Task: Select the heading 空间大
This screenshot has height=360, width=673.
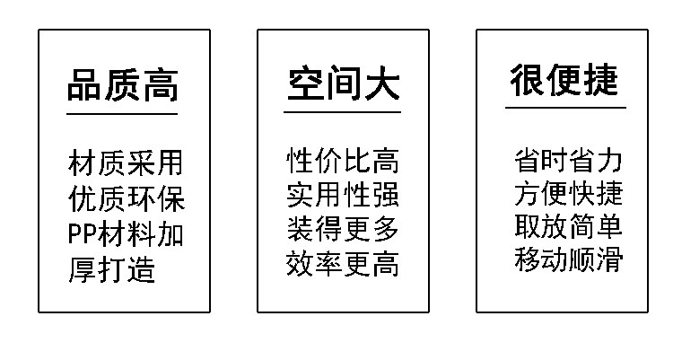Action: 343,86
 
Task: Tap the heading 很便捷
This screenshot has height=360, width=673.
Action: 564,81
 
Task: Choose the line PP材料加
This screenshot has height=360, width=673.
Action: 126,234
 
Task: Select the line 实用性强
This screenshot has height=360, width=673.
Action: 343,196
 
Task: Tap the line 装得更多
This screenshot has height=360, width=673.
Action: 343,230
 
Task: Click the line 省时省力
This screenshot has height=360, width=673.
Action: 568,161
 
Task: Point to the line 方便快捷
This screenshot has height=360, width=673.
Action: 568,194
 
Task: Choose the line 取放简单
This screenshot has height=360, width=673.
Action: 568,226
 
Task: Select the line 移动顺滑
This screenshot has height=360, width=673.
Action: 568,259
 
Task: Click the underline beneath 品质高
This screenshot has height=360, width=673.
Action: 123,114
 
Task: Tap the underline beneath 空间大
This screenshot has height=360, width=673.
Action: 343,112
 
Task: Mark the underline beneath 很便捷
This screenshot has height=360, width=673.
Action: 564,108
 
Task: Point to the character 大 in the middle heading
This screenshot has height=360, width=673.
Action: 381,86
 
